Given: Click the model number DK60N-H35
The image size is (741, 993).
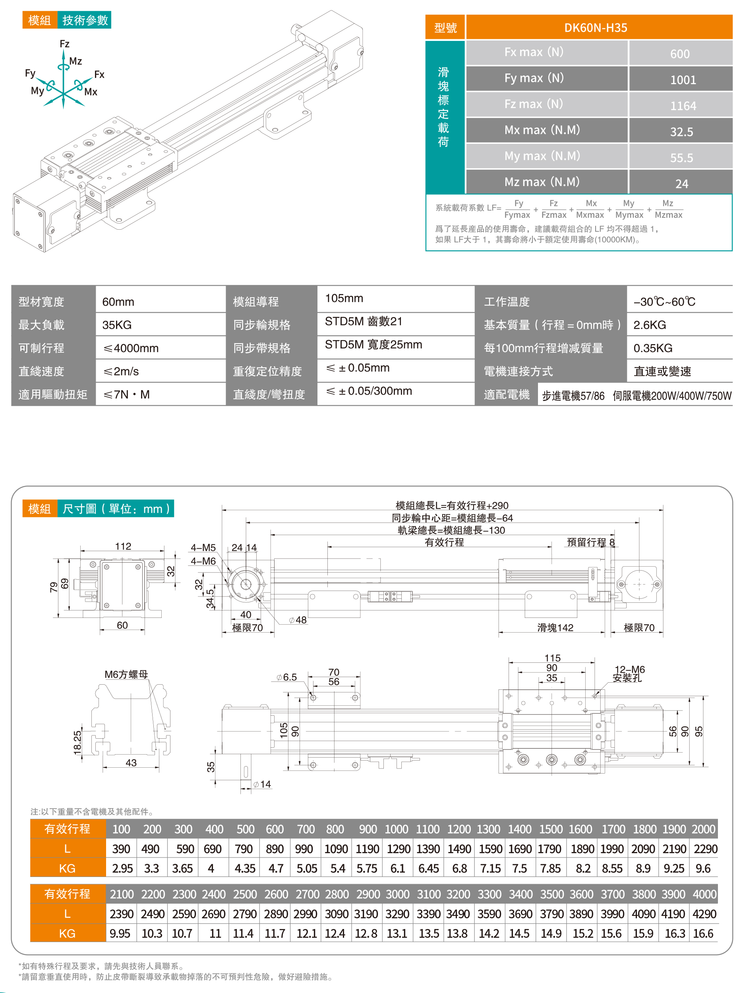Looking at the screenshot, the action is [x=595, y=28].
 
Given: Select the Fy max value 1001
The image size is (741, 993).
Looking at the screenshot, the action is [x=683, y=80].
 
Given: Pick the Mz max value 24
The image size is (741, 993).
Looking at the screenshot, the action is [x=681, y=184].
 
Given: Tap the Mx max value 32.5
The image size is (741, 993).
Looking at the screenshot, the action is [x=681, y=132].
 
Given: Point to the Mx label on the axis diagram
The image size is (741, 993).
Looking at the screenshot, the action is [x=91, y=92].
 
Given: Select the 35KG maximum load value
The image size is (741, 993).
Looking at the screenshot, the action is [x=117, y=325].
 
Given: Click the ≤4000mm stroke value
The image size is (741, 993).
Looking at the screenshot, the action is [x=131, y=348].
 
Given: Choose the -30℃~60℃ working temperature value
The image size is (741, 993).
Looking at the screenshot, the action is [x=664, y=302].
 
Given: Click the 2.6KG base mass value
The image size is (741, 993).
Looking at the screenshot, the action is [x=650, y=325].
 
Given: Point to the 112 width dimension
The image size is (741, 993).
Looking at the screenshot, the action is [x=123, y=546].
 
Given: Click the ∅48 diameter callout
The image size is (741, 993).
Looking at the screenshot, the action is [x=298, y=620].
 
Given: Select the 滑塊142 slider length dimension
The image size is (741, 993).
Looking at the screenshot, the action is [x=555, y=627].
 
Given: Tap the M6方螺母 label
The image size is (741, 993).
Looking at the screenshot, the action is [x=126, y=674].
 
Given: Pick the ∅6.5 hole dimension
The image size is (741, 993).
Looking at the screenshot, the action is [x=286, y=677].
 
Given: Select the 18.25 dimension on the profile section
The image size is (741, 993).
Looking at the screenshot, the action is [x=77, y=742].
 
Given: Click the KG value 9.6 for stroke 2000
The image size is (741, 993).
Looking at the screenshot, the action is [x=703, y=868].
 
